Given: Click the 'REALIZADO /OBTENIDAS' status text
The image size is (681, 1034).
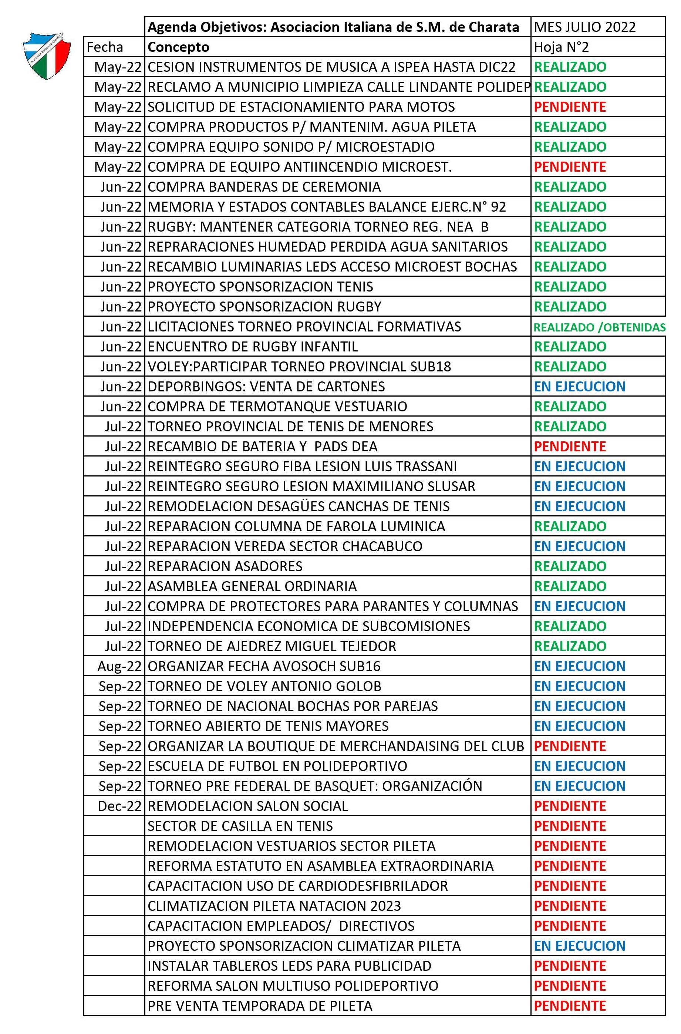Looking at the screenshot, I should (x=599, y=327).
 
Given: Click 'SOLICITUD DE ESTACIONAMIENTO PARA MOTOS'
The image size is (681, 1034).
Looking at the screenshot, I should (x=301, y=107).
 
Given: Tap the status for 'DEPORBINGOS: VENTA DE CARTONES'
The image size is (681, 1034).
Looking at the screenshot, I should (x=579, y=387).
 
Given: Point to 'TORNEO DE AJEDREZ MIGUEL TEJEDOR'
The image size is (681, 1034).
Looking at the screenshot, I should (x=272, y=646).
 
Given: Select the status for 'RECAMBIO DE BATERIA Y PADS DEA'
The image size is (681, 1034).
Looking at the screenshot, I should (x=570, y=447).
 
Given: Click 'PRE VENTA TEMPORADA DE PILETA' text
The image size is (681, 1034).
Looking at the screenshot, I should (x=260, y=1006).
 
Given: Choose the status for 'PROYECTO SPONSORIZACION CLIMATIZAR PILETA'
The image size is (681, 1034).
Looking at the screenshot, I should (x=579, y=946).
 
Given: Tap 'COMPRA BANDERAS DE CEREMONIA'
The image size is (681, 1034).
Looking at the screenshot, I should (x=264, y=187).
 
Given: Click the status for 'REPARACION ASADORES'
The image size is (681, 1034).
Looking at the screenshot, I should (x=570, y=566).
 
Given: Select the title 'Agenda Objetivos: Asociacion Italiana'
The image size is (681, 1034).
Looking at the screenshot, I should (x=333, y=27).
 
